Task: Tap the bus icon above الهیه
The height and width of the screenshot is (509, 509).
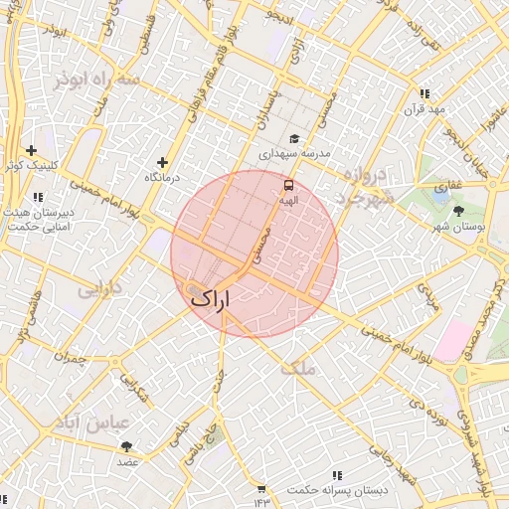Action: [x=289, y=185]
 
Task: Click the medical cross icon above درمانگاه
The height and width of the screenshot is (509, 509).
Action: [x=162, y=162]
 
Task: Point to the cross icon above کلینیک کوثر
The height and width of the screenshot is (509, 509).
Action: [x=31, y=150]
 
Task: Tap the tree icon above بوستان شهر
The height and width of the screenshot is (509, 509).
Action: [x=458, y=211]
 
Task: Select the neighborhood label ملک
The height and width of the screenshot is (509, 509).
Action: [x=297, y=367]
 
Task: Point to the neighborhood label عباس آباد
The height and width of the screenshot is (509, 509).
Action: [x=95, y=423]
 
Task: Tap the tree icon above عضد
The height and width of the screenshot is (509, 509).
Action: [x=126, y=446]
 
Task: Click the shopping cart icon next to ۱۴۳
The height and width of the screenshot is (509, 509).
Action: [x=261, y=489]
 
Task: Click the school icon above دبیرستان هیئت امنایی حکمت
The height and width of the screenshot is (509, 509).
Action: [x=38, y=198]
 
